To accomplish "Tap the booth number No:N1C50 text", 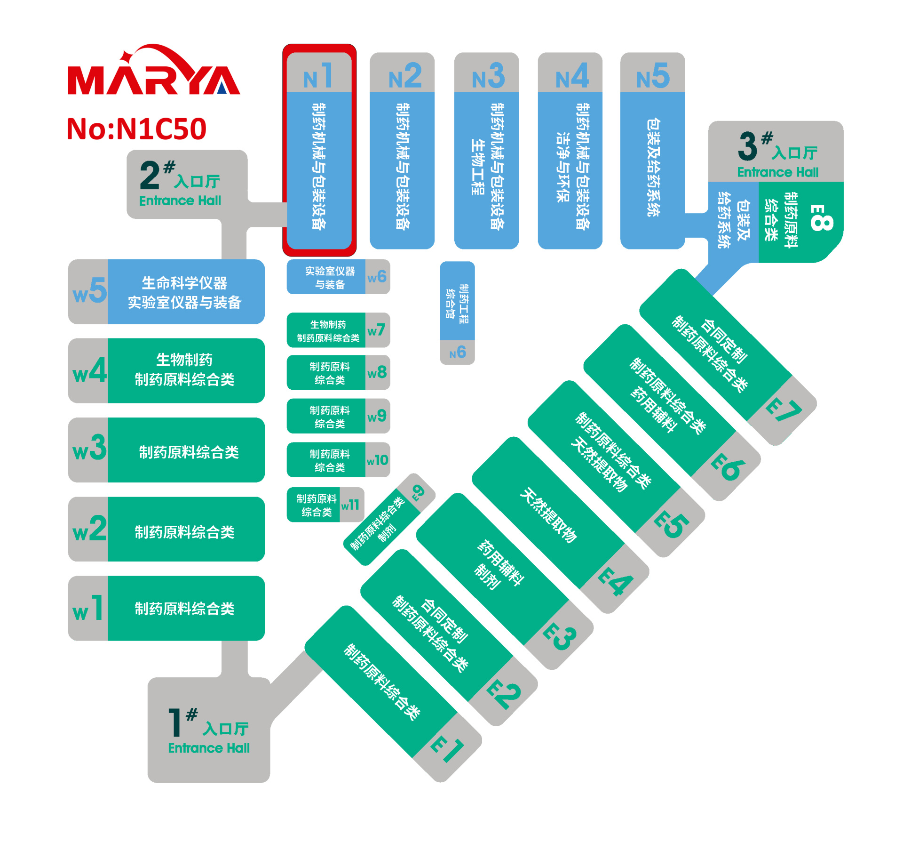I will [136, 129].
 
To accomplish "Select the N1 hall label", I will [319, 76].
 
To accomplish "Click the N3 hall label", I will [488, 76].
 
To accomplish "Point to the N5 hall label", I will [653, 76].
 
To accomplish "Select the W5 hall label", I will [89, 290].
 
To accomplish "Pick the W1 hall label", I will [88, 609].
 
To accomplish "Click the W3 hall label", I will [89, 449].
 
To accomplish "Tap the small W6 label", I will [377, 277].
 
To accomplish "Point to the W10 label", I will [377, 460].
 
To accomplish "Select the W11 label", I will [350, 505].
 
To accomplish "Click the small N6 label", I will [458, 352].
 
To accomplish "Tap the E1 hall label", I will [447, 748].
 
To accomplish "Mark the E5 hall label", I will [671, 524].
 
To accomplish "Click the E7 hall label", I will [783, 410].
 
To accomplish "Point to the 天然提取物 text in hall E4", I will [548, 515].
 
